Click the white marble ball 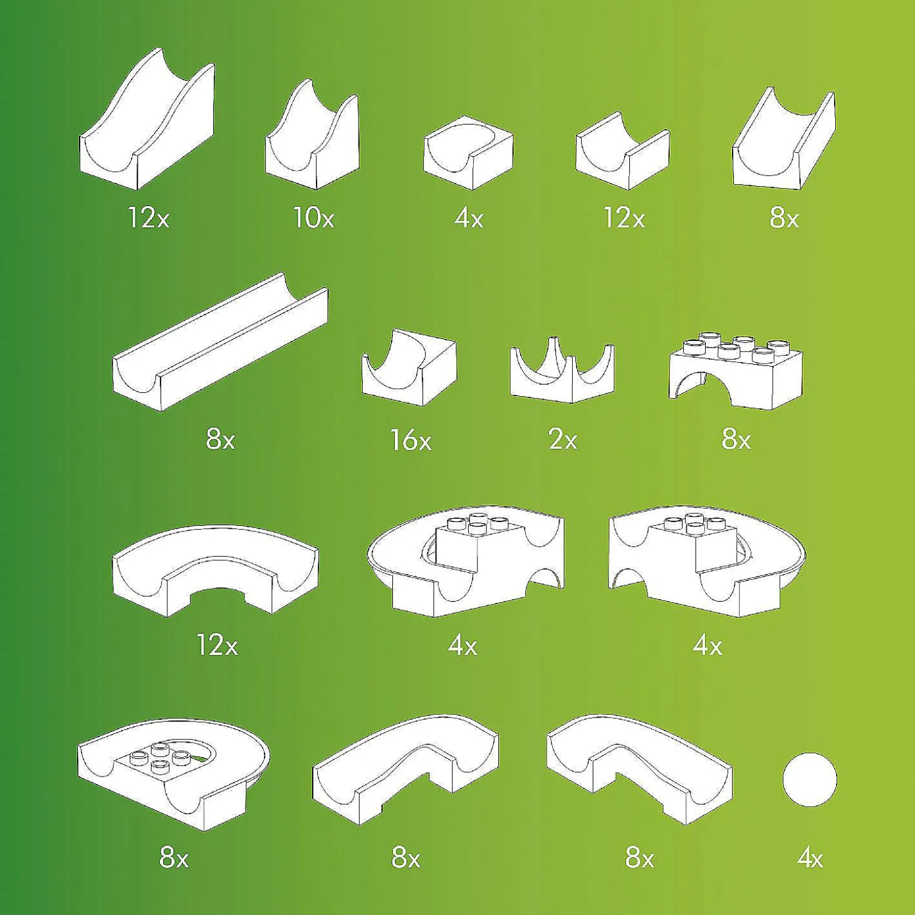(x=810, y=779)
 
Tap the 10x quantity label (x=314, y=219)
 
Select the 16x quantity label (x=411, y=441)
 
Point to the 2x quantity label (x=563, y=441)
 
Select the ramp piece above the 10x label (x=312, y=135)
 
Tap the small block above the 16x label (x=409, y=367)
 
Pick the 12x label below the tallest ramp (x=148, y=219)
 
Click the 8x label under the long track (x=220, y=441)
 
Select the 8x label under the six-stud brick (x=736, y=441)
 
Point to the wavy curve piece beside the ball (x=639, y=765)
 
